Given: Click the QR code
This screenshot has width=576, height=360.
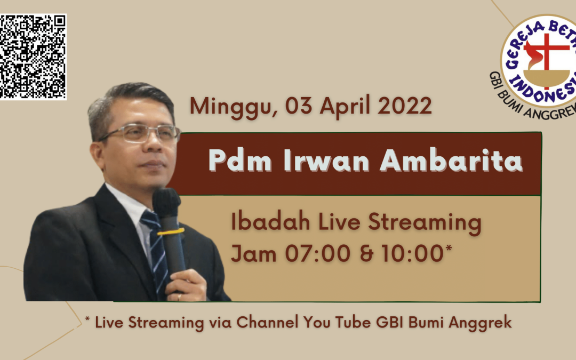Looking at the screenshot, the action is [x=33, y=57].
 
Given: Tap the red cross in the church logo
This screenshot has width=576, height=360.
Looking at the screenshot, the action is [x=547, y=55].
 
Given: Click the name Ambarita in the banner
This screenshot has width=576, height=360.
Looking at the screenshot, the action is [x=451, y=161].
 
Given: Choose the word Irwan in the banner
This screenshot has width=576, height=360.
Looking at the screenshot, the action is [x=326, y=161].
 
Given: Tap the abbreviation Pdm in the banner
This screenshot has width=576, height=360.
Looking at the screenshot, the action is [x=240, y=161].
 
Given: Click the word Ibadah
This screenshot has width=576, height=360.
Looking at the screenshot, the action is [x=270, y=222].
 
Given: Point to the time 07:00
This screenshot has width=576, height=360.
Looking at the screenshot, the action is [x=318, y=253].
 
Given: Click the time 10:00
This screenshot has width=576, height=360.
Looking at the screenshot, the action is [x=412, y=253].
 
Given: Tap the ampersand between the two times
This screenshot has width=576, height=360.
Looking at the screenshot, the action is [x=366, y=253].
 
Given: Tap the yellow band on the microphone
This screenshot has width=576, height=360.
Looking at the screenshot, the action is [x=171, y=232].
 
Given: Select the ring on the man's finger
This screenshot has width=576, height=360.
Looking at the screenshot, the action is [x=179, y=297].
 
